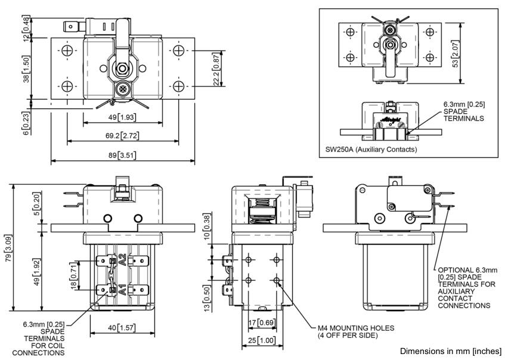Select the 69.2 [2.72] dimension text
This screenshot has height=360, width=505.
(x=123, y=136)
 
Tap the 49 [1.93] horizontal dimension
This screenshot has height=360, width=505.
(x=123, y=118)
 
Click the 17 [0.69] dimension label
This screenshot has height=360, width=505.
(x=260, y=322)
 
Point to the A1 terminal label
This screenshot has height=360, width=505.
(x=123, y=290)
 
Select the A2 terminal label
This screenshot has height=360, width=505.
(x=123, y=260)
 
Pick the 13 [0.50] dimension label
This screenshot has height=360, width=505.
(x=206, y=294)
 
